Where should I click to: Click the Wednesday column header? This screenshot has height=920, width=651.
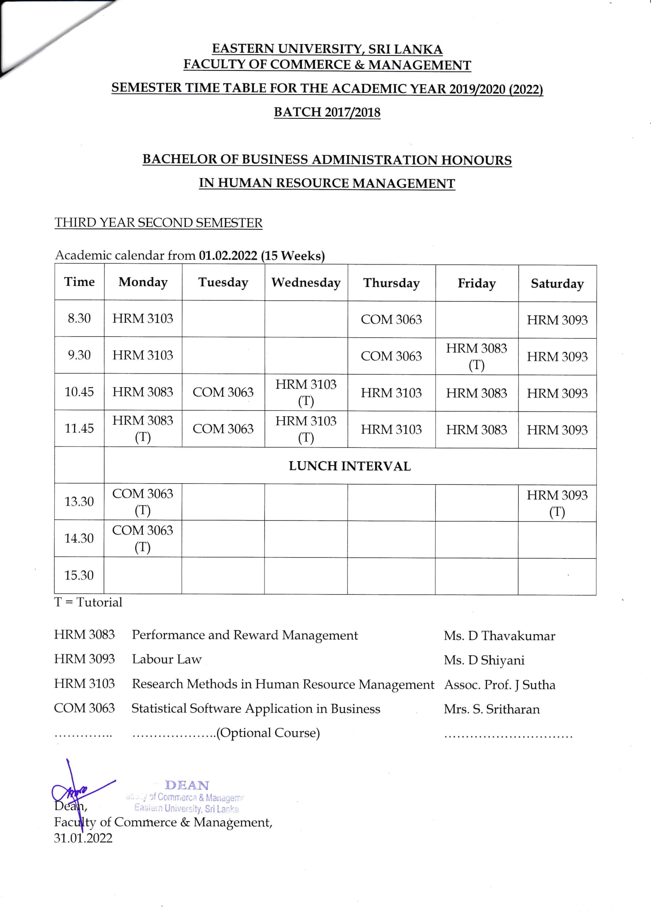(x=306, y=283)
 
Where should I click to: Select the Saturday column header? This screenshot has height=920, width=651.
(x=557, y=284)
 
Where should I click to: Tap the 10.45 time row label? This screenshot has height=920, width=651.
(x=80, y=392)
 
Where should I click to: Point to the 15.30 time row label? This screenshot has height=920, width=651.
(x=79, y=575)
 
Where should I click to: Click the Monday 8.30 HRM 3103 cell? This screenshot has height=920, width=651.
(x=143, y=319)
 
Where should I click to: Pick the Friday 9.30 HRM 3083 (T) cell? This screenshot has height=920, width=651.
(x=477, y=356)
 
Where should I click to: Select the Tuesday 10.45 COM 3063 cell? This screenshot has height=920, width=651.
(x=223, y=392)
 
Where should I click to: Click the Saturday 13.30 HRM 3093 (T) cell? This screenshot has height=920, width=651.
(x=557, y=503)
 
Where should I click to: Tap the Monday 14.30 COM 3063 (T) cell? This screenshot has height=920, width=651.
(x=143, y=538)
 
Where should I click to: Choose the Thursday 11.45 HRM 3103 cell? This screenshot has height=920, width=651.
(x=391, y=430)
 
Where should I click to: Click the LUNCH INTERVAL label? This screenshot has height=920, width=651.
(x=350, y=466)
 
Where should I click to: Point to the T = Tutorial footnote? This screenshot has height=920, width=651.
(x=88, y=602)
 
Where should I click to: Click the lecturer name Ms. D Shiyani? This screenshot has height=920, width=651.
(x=484, y=660)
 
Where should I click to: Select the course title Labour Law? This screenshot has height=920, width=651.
(x=167, y=659)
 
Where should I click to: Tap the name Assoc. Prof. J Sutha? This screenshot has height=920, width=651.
(x=499, y=684)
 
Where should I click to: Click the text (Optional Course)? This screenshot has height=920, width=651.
(x=268, y=732)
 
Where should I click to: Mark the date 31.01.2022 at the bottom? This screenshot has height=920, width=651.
(x=83, y=838)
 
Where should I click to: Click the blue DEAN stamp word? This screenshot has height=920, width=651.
(x=187, y=785)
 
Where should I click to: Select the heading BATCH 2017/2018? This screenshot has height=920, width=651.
(x=327, y=112)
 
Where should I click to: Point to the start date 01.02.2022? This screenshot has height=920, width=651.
(x=228, y=256)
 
